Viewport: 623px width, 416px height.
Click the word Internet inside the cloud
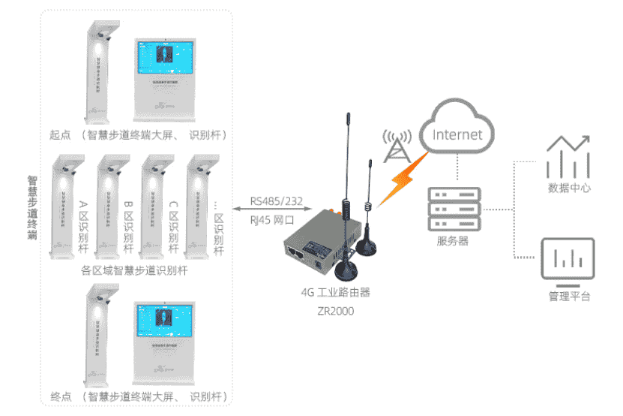click(458, 135)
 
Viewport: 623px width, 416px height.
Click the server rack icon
click(454, 208)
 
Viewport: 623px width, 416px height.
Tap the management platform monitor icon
click(568, 259)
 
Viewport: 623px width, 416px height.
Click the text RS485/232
click(276, 200)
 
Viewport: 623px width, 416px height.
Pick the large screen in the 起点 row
click(169, 78)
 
